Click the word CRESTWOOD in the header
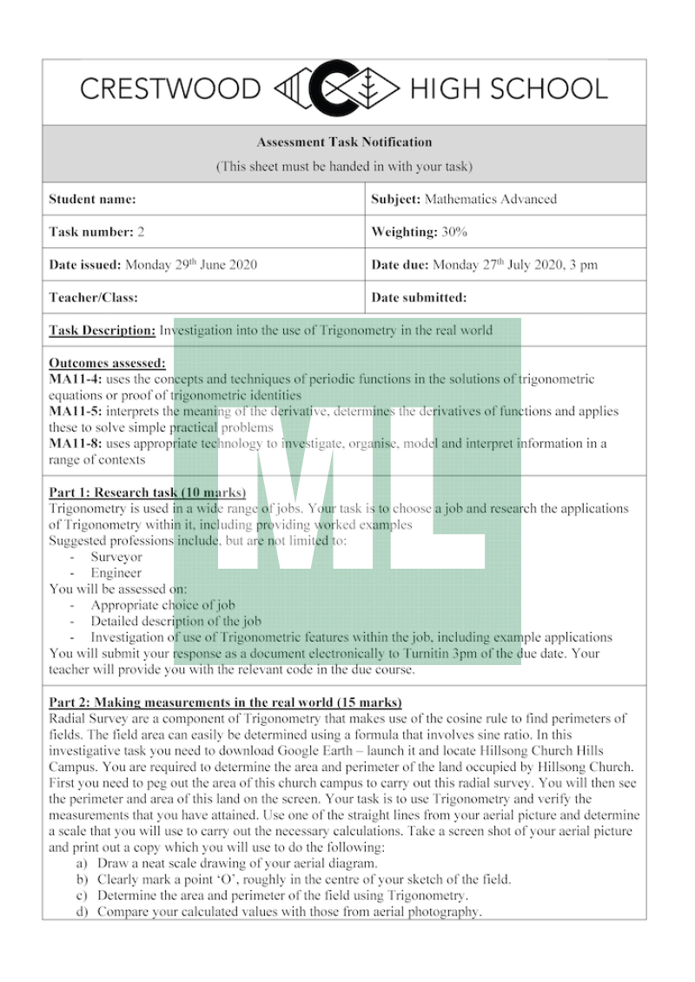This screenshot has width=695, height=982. pyautogui.click(x=169, y=89)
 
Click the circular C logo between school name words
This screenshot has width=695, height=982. pyautogui.click(x=334, y=88)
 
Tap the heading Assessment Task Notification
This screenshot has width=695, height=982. pyautogui.click(x=344, y=142)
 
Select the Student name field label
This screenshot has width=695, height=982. pyautogui.click(x=93, y=200)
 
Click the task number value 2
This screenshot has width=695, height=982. pyautogui.click(x=141, y=232)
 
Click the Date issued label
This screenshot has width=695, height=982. pyautogui.click(x=85, y=265)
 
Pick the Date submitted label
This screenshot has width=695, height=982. pyautogui.click(x=419, y=297)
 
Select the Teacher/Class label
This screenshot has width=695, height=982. pyautogui.click(x=94, y=297)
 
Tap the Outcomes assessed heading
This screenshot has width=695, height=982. pyautogui.click(x=107, y=363)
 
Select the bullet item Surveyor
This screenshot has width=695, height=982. pyautogui.click(x=116, y=557)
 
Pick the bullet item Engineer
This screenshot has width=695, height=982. pyautogui.click(x=116, y=573)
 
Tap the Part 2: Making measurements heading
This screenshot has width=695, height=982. pyautogui.click(x=225, y=702)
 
